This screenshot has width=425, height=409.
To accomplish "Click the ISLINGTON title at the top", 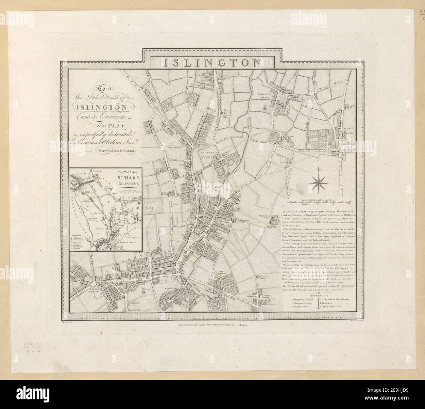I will pos(212,62).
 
